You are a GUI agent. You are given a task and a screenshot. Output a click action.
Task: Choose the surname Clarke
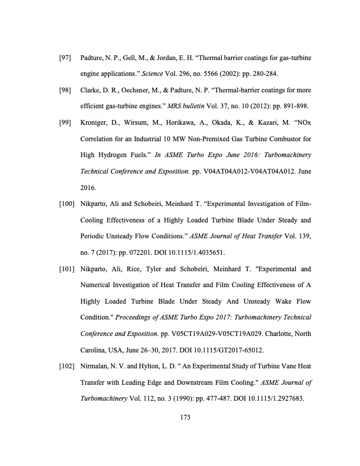click(x=90, y=92)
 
